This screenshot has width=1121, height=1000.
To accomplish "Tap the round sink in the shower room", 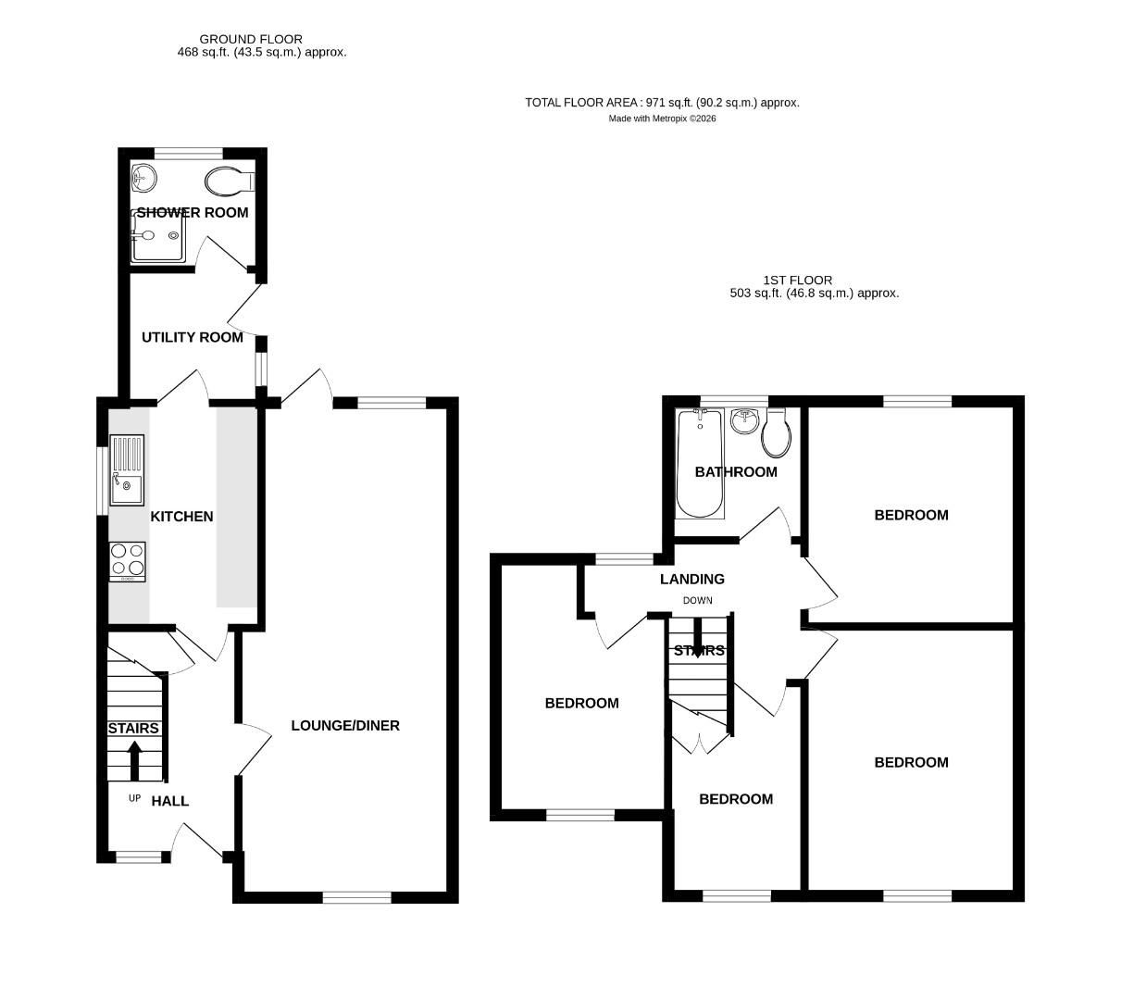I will click(x=143, y=175).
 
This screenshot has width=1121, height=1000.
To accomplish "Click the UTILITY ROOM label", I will click(x=192, y=338).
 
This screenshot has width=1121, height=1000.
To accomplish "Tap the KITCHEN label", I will click(x=181, y=517).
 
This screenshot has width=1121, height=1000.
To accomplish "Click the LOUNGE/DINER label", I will click(x=345, y=726).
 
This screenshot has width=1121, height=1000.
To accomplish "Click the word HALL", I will click(x=170, y=801).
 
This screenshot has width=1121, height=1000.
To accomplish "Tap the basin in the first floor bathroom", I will click(x=744, y=421).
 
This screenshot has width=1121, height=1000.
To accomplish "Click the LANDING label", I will click(x=691, y=580).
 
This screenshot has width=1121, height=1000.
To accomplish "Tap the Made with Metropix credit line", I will click(x=662, y=119).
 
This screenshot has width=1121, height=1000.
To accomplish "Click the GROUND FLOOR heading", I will click(x=251, y=39).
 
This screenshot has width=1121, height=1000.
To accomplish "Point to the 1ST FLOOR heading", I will click(x=797, y=280).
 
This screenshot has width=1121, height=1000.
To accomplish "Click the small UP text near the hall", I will click(x=134, y=798).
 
